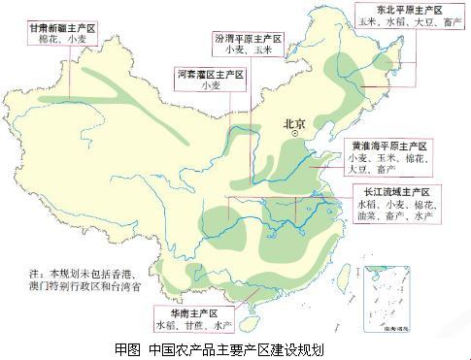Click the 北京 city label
tap(292, 124)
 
